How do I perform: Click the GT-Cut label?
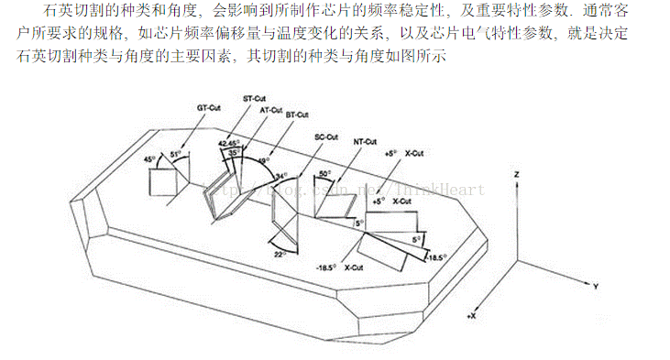209,107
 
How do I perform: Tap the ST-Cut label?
254,97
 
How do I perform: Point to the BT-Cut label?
296,115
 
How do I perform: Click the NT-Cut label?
365,142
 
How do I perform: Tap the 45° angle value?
149,159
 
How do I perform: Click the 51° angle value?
175,155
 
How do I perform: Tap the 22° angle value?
280,255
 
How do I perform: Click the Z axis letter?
518,173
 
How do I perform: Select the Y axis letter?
596,287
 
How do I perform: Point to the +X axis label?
472,315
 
